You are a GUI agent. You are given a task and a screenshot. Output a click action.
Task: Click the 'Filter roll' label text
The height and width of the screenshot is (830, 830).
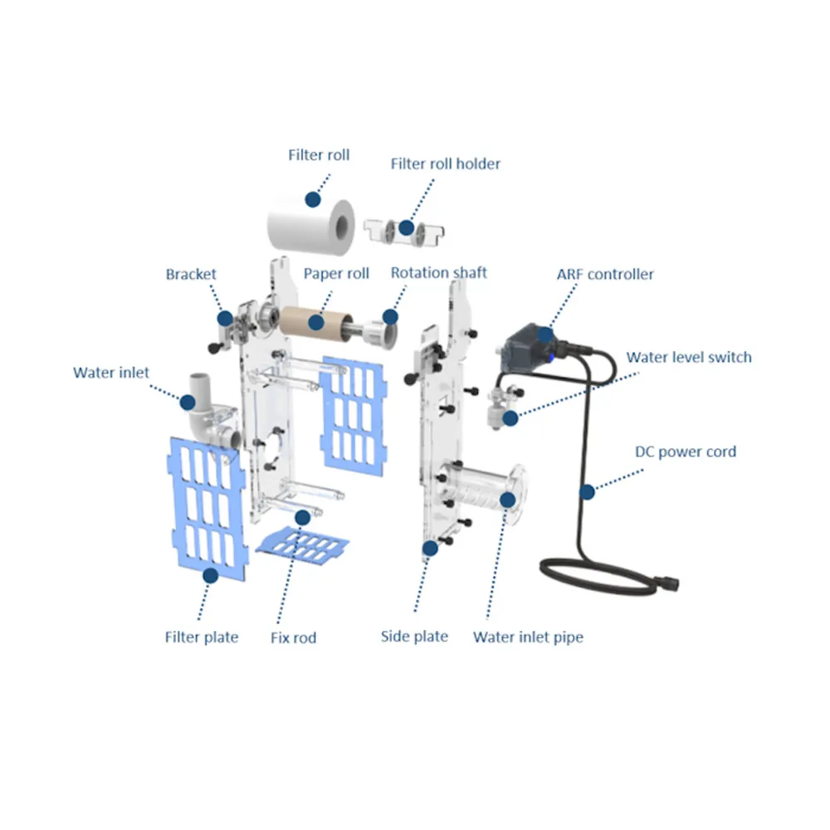[x=319, y=155]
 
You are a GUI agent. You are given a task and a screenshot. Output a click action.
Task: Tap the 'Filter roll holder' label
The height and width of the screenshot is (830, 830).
[x=445, y=164]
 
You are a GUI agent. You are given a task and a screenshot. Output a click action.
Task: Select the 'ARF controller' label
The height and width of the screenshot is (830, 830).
[x=605, y=274]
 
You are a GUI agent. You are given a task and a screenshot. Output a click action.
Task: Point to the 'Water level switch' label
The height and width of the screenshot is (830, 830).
[x=689, y=357]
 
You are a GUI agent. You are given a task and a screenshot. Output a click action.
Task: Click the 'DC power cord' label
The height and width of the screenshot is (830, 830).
[x=686, y=452]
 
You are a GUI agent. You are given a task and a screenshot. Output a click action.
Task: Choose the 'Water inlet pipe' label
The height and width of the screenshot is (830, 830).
[x=528, y=637]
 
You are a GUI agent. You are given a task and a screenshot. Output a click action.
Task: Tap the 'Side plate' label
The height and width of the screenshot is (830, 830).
[x=414, y=637]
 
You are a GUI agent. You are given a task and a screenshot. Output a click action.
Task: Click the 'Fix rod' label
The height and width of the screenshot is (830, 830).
[x=293, y=637]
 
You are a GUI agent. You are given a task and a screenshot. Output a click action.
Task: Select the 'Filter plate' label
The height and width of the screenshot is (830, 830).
[x=201, y=637]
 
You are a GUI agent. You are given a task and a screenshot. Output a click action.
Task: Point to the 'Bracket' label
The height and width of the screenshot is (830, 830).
[x=191, y=274]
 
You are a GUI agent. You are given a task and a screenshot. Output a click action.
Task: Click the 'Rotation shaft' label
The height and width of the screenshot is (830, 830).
[x=438, y=272]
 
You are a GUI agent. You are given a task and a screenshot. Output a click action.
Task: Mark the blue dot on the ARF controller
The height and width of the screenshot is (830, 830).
[x=545, y=334]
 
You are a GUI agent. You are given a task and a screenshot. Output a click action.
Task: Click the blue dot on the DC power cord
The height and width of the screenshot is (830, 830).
[x=587, y=492]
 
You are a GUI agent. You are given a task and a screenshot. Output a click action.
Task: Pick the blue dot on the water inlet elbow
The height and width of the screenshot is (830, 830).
[x=188, y=403]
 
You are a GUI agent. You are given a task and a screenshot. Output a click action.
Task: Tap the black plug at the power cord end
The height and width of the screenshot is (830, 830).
[x=667, y=583]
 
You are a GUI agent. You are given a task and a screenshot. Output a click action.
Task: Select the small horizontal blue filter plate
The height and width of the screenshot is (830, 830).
[x=302, y=545]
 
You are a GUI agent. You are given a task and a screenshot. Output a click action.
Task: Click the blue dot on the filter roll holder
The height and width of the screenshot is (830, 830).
[x=407, y=227]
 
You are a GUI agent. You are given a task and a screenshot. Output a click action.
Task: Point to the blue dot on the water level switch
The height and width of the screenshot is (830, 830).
[x=510, y=418]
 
